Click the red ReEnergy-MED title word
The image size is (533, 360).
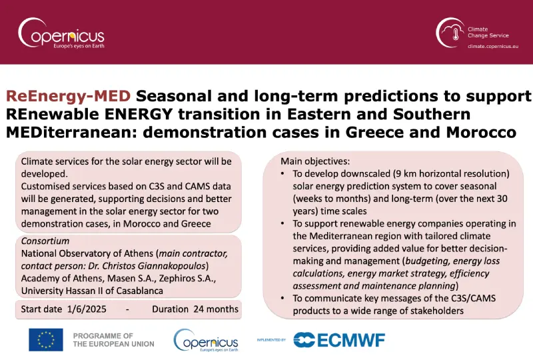pos(68,96)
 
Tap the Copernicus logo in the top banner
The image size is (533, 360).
pos(61,33)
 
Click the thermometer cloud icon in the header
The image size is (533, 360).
pos(450,33)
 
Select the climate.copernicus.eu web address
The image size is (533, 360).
pos(493,46)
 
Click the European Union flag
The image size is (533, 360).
pos(46,339)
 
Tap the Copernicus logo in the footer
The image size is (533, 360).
pos(206,340)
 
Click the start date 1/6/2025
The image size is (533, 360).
pos(87,309)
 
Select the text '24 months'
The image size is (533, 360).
pos(216,309)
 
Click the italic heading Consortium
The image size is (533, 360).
pos(45,241)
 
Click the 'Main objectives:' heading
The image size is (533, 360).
pos(315,161)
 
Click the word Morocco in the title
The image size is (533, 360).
pos(481,133)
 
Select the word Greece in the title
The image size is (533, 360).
pos(374,133)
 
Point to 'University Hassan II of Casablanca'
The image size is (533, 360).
pos(92,291)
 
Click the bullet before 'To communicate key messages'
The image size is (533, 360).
pos(282,299)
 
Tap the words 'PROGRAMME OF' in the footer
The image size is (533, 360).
pos(103,336)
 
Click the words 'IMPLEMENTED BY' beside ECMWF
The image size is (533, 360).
pos(271,340)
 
